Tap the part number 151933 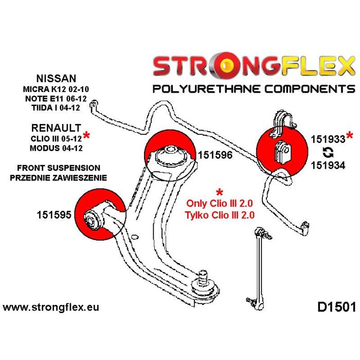click(x=328, y=139)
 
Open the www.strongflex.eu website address click(x=51, y=308)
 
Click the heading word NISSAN click(x=56, y=78)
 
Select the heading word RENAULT click(x=56, y=127)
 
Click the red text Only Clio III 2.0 click(x=221, y=205)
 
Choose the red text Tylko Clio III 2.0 click(x=221, y=216)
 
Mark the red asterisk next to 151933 click(x=350, y=136)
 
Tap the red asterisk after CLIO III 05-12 click(x=86, y=136)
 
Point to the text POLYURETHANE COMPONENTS click(x=254, y=88)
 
